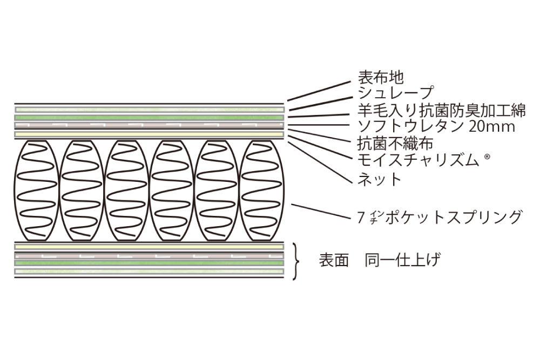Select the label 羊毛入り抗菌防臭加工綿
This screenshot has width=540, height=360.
(x=441, y=111)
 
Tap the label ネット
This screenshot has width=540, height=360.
(x=380, y=179)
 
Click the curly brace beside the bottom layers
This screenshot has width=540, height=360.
(x=295, y=261)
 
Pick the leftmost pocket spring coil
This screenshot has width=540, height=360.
(x=37, y=190)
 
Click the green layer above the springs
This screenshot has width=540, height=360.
(x=149, y=117)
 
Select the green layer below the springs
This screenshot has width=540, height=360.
(x=149, y=263)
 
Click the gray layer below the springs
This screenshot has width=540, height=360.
(x=149, y=255)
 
